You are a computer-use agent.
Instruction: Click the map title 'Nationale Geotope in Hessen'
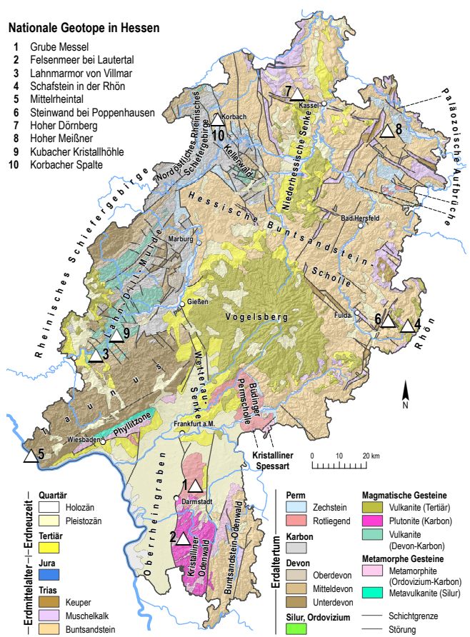point(83,29)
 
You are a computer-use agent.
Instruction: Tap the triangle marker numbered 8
point(386,131)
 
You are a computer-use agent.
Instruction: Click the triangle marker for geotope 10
point(218,121)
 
